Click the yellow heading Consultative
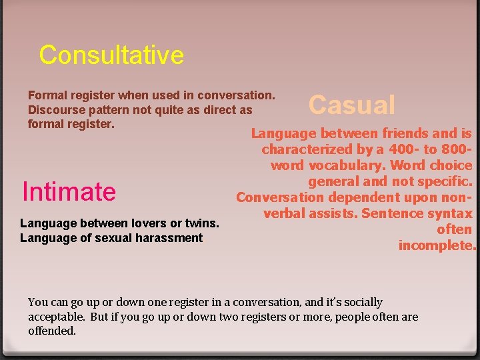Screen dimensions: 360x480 click(111, 55)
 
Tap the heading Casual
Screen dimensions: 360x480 click(351, 105)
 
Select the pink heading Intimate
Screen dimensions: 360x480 click(69, 192)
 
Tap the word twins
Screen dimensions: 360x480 click(201, 223)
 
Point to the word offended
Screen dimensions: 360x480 click(52, 331)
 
